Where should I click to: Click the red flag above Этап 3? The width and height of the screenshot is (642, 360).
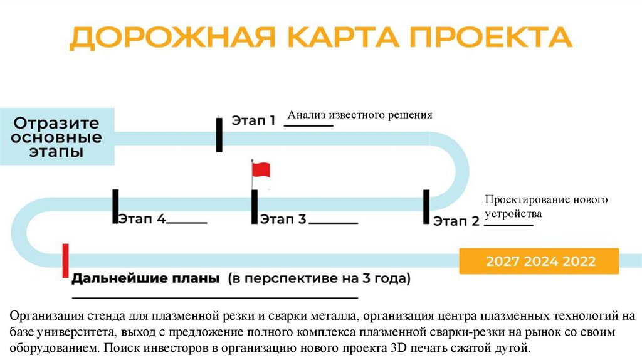[x=260, y=169]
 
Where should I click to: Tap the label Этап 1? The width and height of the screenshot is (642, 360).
[x=253, y=120]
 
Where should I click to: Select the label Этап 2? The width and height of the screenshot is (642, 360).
[x=456, y=221]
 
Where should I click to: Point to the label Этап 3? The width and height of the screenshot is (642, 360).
[x=283, y=220]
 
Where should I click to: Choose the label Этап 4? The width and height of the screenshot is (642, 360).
[x=142, y=219]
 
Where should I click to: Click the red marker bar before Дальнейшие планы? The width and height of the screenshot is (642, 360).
[x=65, y=261]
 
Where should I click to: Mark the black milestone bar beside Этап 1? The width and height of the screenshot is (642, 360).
[x=219, y=133]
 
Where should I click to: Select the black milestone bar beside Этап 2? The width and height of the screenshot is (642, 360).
[x=426, y=206]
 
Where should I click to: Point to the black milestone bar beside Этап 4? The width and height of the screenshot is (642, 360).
[x=115, y=206]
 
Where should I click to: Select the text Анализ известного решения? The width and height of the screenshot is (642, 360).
[x=360, y=115]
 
